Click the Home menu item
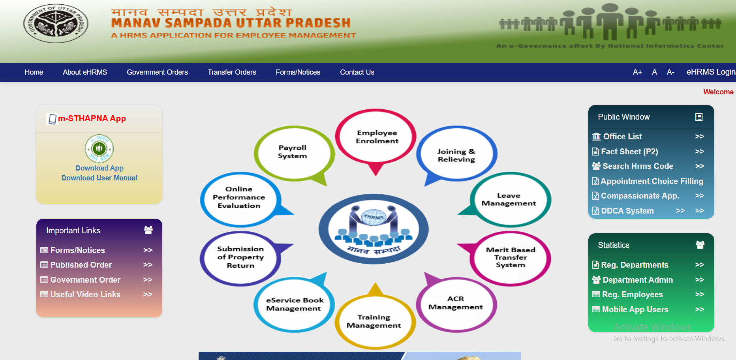pos(34,72)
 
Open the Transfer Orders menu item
pos(232,72)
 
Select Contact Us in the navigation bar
pos(357,72)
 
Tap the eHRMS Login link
pos(710,72)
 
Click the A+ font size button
pos(637,72)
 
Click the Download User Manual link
pos(100,178)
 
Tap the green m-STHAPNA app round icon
pos(100,148)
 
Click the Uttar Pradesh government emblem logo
pos(56,24)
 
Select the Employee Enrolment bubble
pos(377,137)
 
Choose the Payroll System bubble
pos(293,152)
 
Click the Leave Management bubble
pos(509,199)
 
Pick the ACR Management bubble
pos(456,303)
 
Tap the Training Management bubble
pos(374,321)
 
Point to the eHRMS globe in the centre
pos(374,217)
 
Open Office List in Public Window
pos(622,137)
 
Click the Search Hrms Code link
pos(638,166)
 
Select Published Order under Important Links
pos(81,265)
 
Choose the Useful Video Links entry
pos(85,294)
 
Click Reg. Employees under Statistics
pos(632,294)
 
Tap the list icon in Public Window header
pos(698,117)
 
